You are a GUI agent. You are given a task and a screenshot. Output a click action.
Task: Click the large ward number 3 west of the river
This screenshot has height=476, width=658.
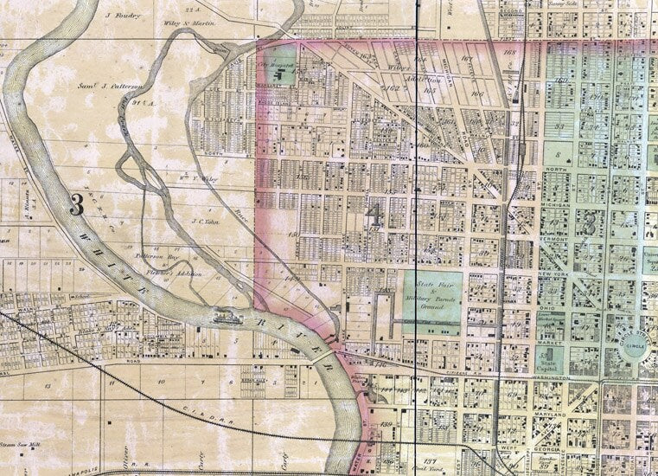(x=76, y=205)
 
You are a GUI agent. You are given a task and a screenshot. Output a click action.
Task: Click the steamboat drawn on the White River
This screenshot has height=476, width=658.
(x=228, y=317)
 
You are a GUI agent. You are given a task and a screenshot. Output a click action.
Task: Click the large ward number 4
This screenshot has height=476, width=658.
(x=374, y=215)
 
